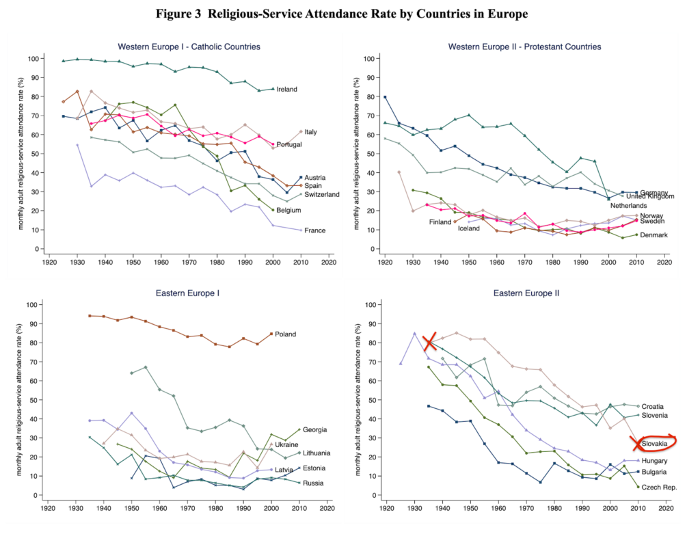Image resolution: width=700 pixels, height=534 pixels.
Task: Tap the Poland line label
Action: [286, 334]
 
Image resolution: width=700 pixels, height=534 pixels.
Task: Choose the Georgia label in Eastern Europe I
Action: [295, 429]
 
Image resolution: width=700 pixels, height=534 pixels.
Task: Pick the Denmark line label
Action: [653, 235]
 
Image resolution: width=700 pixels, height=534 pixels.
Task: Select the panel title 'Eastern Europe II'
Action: [524, 293]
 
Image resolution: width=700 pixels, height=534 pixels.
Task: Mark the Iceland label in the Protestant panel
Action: [469, 228]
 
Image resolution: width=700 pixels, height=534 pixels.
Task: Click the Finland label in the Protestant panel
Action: [440, 222]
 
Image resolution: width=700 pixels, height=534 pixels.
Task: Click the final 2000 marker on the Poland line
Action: [271, 334]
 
